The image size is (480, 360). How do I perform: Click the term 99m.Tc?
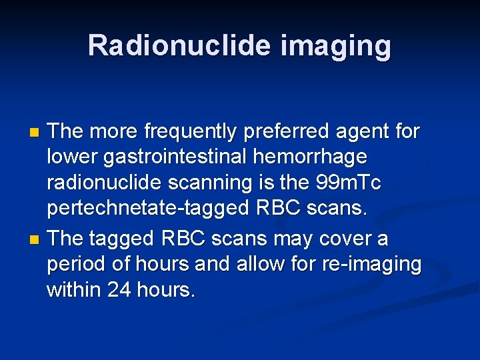click(352, 183)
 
